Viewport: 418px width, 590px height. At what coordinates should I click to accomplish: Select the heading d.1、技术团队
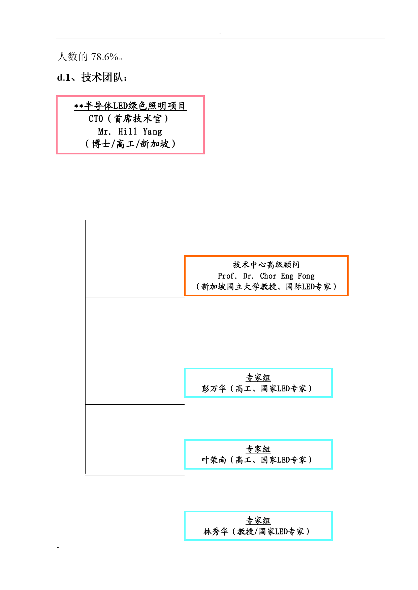pos(92,78)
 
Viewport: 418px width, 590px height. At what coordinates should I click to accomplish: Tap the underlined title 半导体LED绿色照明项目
pos(135,106)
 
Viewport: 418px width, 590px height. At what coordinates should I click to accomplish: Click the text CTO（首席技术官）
pos(128,119)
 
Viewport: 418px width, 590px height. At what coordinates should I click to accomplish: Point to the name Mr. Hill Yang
pos(130,132)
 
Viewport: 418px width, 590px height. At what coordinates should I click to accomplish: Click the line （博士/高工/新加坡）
pos(130,144)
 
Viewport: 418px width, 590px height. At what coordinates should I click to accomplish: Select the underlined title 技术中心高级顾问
pos(266,265)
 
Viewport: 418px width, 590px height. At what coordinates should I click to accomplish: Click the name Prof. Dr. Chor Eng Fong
pos(266,276)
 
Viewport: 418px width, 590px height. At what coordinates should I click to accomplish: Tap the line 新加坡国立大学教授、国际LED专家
pos(266,287)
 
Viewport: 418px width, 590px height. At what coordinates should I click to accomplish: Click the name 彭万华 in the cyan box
pos(214,389)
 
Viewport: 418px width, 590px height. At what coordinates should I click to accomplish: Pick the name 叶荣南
pos(214,460)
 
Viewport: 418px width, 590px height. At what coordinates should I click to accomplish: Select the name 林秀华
pos(216,531)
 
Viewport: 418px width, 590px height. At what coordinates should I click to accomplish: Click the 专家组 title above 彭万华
pos(258,377)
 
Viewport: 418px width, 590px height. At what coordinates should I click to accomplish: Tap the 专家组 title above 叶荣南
pos(258,449)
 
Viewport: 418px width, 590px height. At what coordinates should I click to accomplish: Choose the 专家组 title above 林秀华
pos(258,520)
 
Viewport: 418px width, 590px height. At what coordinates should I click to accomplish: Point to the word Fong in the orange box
pos(306,276)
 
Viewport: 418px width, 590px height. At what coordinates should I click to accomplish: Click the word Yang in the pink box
pos(152,132)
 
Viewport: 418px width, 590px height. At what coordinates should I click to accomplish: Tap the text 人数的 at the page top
pos(73,57)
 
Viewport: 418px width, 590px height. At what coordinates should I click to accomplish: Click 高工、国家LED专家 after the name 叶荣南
pos(271,460)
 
